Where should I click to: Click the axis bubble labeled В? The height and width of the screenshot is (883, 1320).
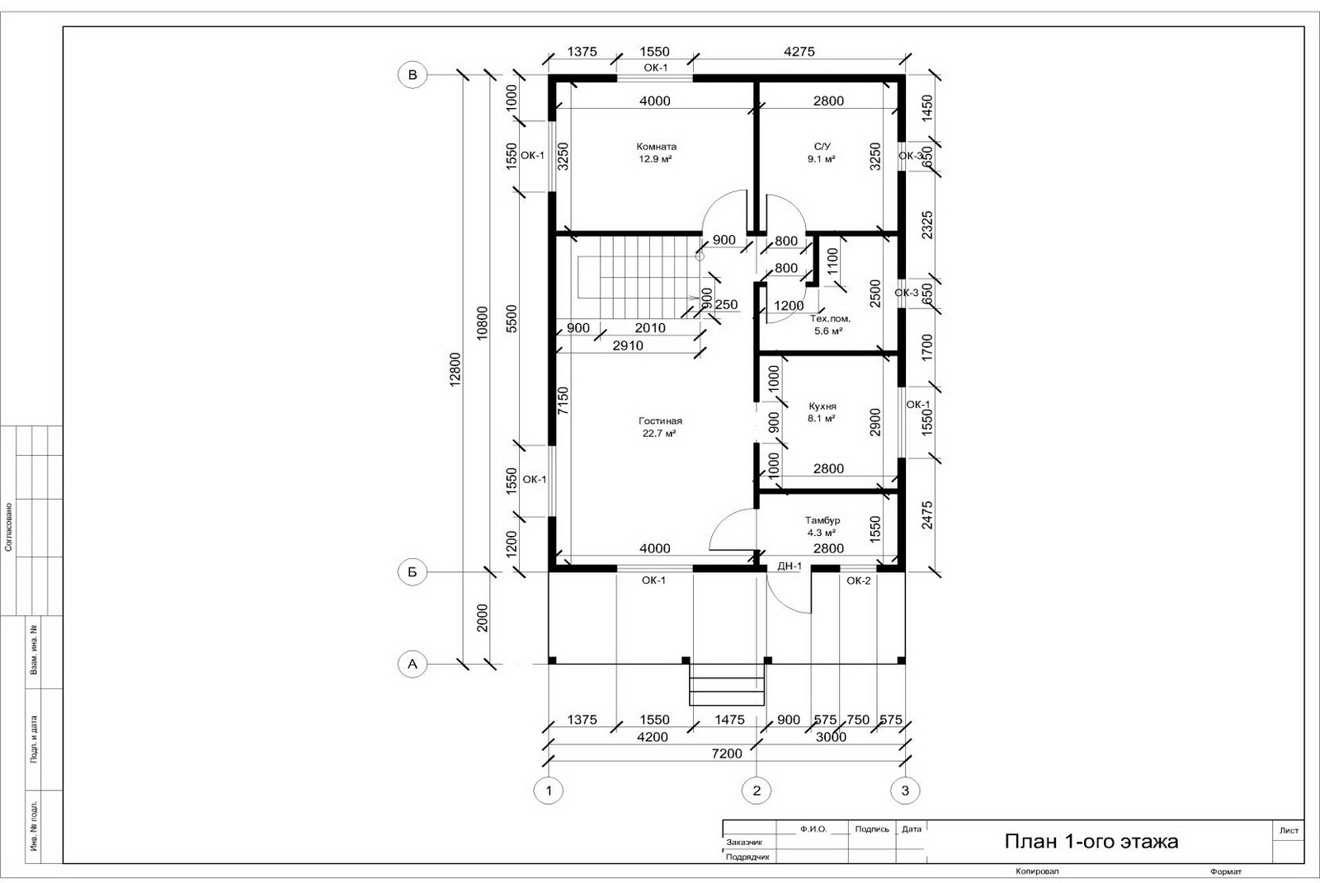[412, 75]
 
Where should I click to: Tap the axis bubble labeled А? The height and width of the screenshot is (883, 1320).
[412, 664]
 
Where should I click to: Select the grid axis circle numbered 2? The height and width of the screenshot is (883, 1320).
[757, 791]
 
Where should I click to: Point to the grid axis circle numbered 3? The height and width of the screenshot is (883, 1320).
[905, 791]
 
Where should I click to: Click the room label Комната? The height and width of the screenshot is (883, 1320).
[657, 146]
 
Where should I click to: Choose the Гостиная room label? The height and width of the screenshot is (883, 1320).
[660, 420]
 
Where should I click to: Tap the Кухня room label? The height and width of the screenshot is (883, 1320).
[822, 406]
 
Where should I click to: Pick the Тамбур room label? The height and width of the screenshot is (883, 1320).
[823, 520]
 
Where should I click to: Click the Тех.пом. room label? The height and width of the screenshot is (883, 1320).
[830, 319]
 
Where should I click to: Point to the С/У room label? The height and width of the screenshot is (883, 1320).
[822, 146]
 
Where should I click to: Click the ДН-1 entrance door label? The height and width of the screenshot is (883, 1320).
[790, 566]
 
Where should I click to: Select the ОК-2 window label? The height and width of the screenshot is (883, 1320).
[859, 580]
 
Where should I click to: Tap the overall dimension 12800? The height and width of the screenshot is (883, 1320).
[455, 369]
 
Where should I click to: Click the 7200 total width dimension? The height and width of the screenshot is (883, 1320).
[727, 754]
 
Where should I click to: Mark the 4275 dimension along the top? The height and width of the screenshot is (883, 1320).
[799, 51]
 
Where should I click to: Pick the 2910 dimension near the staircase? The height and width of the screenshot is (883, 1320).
[628, 345]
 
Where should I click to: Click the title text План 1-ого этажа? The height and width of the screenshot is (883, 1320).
[1091, 841]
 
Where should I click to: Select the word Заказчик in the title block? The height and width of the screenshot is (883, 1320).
[744, 843]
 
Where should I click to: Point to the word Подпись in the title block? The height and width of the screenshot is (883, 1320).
[872, 829]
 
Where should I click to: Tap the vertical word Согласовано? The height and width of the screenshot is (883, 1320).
[8, 527]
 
